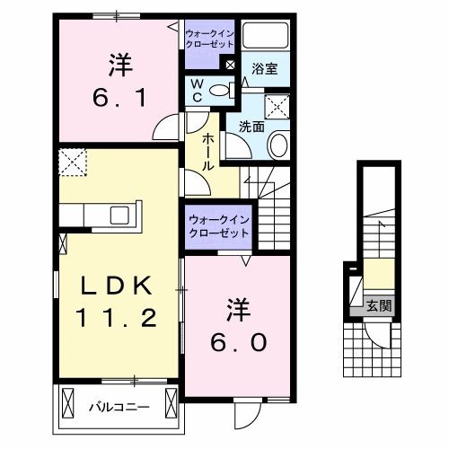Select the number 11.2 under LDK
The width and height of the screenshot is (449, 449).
point(118,318)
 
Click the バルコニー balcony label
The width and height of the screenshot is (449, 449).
point(118,407)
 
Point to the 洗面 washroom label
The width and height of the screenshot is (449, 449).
point(251,127)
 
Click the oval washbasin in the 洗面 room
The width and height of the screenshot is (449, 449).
point(277,145)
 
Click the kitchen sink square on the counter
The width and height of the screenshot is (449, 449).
point(119,215)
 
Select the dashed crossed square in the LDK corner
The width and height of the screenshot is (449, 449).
point(71,162)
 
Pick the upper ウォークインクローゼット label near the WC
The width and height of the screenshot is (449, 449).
point(207,38)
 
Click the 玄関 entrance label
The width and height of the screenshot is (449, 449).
point(378,305)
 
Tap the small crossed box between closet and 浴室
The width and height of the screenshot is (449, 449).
point(230,65)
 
